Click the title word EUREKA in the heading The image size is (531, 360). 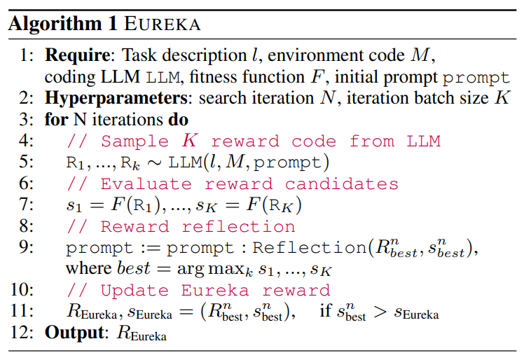164,24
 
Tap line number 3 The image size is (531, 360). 27,118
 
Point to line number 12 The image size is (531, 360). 24,333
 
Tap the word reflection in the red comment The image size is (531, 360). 238,227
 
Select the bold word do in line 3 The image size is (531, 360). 179,118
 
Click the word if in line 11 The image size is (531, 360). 326,311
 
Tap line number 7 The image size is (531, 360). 27,205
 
